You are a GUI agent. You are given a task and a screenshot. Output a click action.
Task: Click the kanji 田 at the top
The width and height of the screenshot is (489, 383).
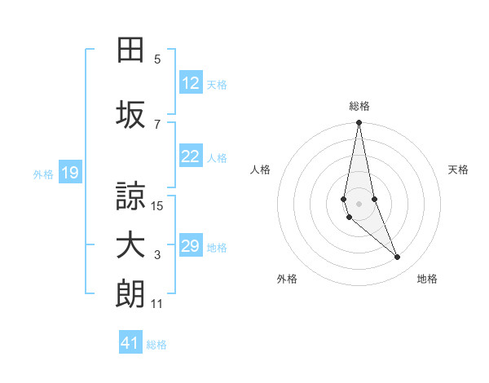click(130, 51)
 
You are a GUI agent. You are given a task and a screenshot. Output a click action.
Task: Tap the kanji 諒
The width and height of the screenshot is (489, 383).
click(130, 196)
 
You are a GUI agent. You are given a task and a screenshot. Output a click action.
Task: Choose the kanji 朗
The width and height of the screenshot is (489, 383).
click(130, 294)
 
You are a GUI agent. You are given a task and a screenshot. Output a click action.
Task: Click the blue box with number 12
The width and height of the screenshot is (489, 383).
click(191, 83)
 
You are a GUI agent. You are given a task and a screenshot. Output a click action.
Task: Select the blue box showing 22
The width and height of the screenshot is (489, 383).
click(191, 156)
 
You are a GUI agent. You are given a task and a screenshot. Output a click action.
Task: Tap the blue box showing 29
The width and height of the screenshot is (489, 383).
click(191, 246)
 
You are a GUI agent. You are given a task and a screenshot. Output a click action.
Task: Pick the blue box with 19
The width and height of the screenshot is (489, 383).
click(69, 173)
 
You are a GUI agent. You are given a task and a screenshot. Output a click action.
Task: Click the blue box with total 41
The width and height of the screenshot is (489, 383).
click(130, 343)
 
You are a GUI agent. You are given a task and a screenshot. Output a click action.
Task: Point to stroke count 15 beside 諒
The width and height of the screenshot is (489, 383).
click(157, 206)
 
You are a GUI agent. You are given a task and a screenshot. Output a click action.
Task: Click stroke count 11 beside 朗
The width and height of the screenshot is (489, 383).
click(157, 304)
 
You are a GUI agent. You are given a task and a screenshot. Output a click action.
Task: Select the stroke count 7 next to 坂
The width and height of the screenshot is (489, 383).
click(157, 124)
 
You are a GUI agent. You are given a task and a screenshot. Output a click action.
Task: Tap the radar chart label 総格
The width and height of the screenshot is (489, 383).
click(359, 106)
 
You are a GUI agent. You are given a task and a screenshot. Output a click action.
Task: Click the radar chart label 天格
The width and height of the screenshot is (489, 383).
click(459, 169)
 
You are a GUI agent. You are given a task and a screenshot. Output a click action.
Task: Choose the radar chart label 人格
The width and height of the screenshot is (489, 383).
click(260, 169)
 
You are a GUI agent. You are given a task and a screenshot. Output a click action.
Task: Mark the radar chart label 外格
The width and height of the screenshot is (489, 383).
click(287, 279)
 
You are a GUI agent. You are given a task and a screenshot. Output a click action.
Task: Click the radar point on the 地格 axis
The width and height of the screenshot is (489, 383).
click(398, 258)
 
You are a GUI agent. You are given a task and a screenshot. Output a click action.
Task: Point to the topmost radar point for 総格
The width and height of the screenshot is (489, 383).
click(359, 123)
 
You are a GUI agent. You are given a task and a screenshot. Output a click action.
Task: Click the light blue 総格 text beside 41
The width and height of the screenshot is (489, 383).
click(156, 345)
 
